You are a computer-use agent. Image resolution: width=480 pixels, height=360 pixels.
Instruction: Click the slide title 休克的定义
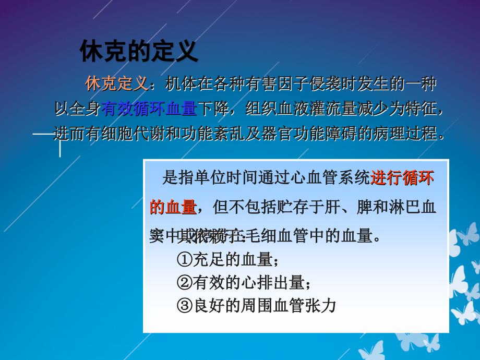(x=138, y=52)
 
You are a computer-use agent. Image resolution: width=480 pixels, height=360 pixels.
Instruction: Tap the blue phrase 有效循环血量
(x=149, y=109)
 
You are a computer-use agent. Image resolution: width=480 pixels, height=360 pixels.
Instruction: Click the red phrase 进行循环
(x=402, y=178)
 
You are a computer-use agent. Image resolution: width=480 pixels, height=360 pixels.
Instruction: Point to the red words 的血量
(x=173, y=207)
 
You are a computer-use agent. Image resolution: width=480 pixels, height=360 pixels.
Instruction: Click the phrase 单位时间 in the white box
(x=225, y=178)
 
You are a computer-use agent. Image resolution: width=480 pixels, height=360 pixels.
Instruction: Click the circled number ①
(x=185, y=259)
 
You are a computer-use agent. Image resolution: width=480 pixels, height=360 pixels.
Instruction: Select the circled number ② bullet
(x=185, y=282)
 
